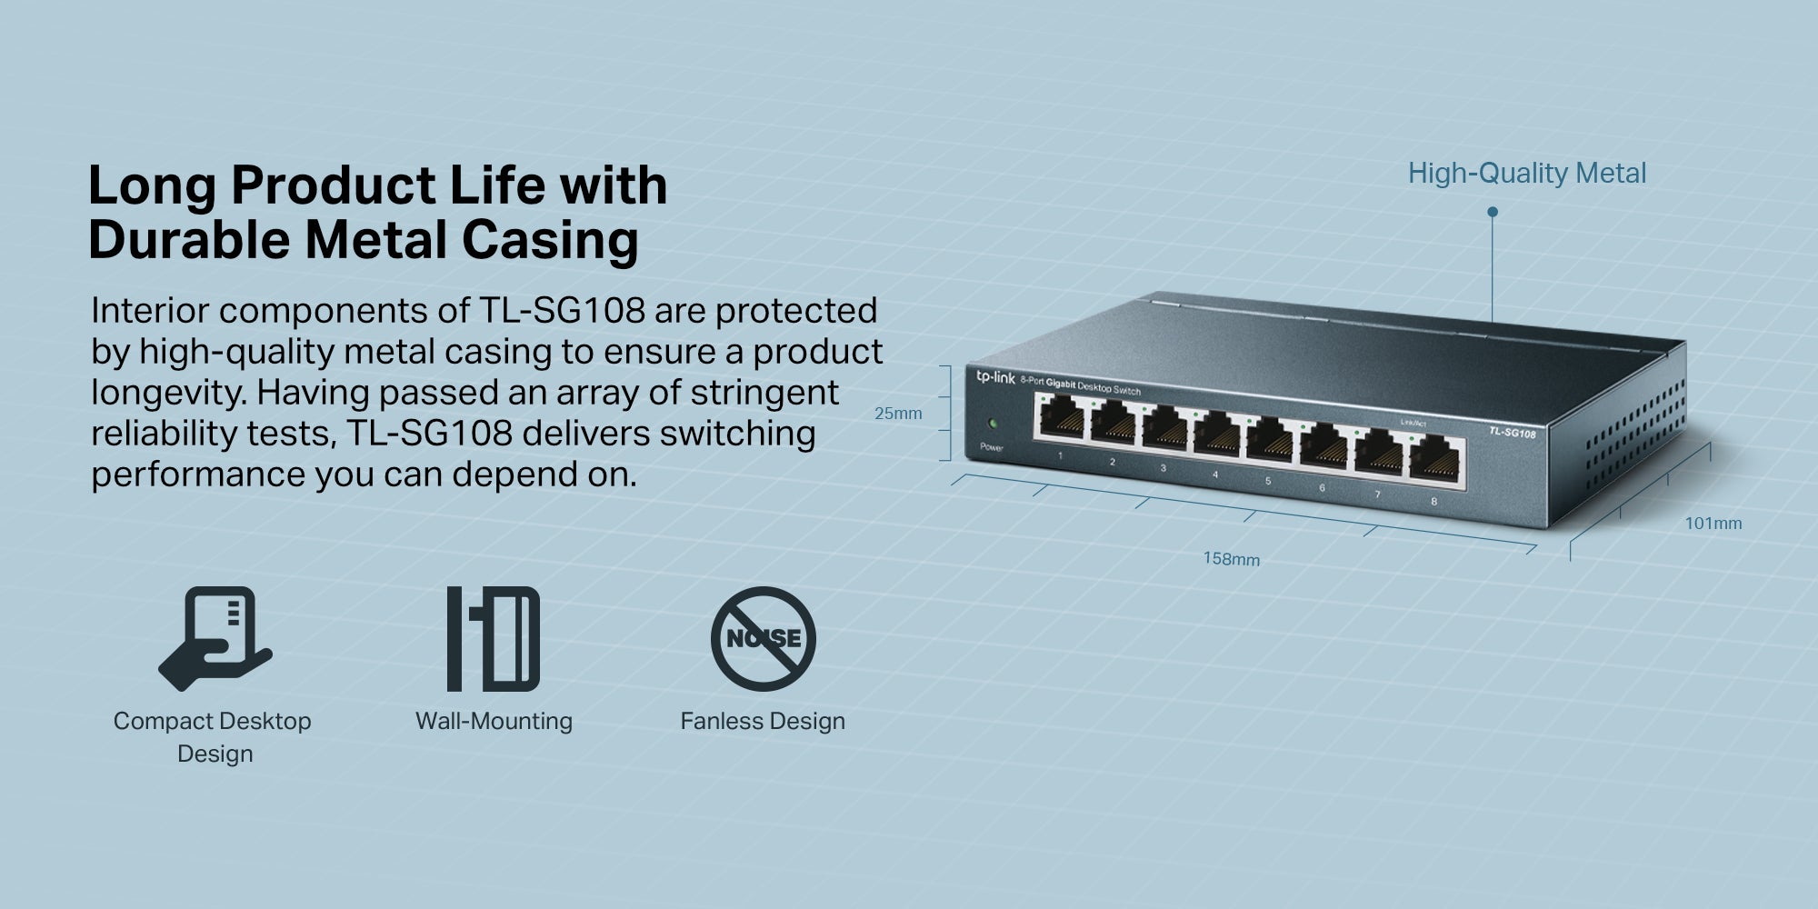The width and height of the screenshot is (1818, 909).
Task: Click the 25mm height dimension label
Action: click(x=898, y=414)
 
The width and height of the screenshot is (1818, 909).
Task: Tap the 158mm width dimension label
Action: click(x=1232, y=558)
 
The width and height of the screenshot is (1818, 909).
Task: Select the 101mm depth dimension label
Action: click(x=1713, y=523)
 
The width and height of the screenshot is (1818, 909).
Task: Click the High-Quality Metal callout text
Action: click(x=1527, y=173)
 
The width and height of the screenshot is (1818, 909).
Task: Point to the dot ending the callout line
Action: click(x=1492, y=212)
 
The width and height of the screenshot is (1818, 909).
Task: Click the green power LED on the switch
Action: click(x=993, y=424)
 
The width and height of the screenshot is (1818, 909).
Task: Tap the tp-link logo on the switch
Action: click(x=995, y=376)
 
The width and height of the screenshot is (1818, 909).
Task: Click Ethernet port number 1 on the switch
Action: click(x=1060, y=421)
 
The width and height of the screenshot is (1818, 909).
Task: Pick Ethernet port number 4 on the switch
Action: click(x=1217, y=438)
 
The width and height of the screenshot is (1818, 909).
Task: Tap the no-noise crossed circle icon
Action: click(x=764, y=638)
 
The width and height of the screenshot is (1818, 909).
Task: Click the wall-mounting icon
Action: click(x=494, y=638)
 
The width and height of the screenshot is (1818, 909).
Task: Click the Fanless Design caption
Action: click(x=763, y=721)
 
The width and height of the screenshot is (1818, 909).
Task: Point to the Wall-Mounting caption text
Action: click(x=494, y=722)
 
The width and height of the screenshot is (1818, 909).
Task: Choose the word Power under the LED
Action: click(x=992, y=447)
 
